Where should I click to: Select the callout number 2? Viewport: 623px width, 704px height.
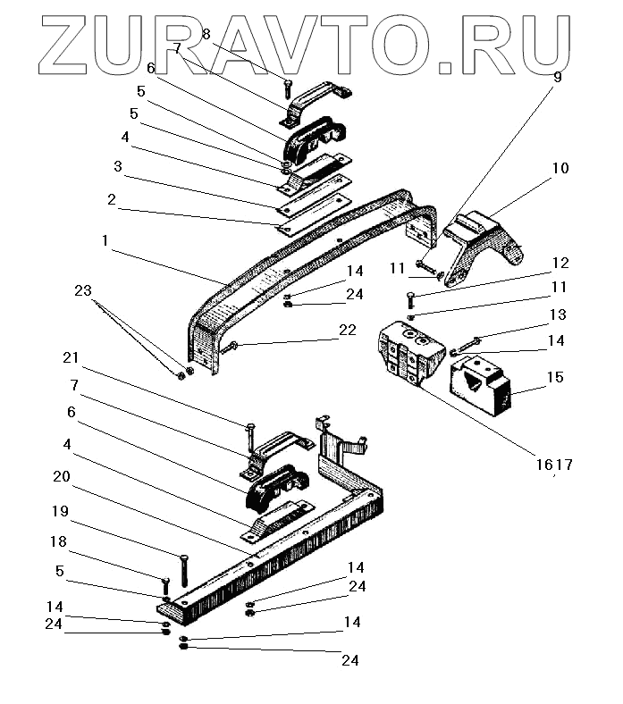pyautogui.click(x=112, y=200)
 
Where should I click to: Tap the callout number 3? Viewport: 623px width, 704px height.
pyautogui.click(x=118, y=166)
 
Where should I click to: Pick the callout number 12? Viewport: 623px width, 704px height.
pyautogui.click(x=560, y=263)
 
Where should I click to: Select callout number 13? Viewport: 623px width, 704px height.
pyautogui.click(x=558, y=315)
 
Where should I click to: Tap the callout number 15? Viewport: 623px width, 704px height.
pyautogui.click(x=555, y=378)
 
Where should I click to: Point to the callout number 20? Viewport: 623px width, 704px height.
pyautogui.click(x=62, y=476)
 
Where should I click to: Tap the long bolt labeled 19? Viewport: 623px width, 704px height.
pyautogui.click(x=183, y=569)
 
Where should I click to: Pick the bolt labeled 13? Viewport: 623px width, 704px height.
pyautogui.click(x=470, y=340)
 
